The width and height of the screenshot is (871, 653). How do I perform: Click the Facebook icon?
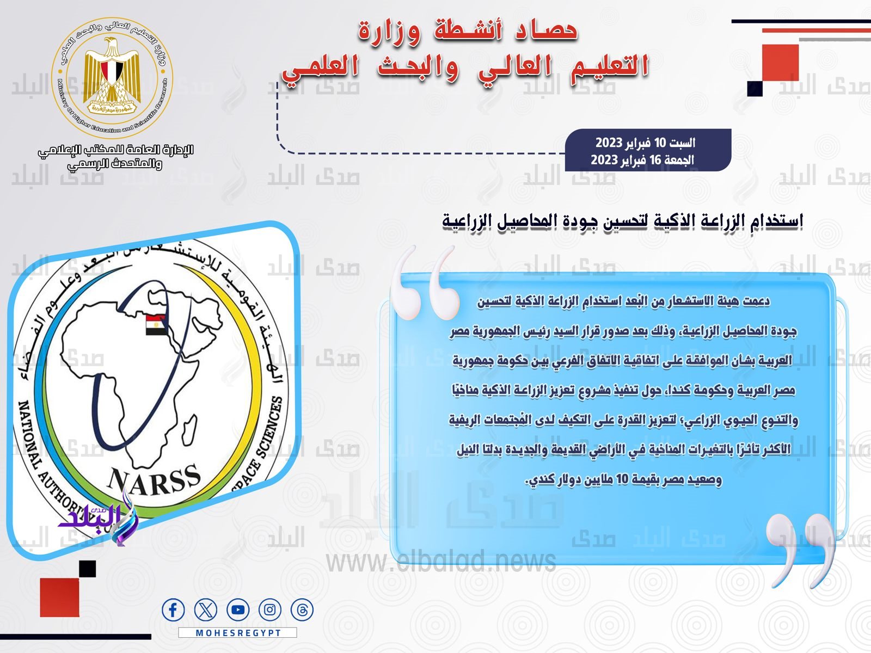173,610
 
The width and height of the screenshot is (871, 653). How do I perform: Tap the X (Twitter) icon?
206,610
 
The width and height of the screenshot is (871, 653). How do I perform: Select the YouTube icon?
238,610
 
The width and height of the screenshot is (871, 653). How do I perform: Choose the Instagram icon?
270,610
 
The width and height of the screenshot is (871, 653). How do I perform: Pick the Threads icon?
302,610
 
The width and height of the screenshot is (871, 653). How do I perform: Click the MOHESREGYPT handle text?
238,633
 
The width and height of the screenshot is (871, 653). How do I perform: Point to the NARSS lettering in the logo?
154,481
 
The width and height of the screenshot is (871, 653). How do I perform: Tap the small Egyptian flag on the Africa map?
156,325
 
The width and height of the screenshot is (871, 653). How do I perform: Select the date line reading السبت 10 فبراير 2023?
645,143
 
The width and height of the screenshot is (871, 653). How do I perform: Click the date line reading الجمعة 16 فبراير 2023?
642,160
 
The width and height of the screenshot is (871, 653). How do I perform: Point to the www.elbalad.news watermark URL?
441,562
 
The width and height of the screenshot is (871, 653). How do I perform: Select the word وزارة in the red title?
389,32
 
